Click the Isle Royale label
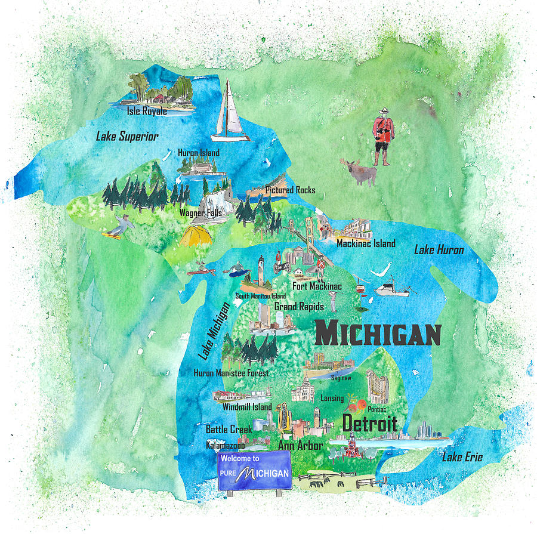pos(146,110)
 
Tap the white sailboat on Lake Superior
pos(229,113)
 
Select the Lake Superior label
pos(127,137)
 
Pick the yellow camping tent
pos(196,236)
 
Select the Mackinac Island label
pos(366,243)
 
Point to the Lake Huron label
pos(439,250)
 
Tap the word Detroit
pos(369,424)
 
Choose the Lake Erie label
pos(462,458)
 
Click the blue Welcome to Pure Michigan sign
pos(254,470)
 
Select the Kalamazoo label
pos(226,445)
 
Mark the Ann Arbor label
pos(301,445)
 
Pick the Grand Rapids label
pos(299,307)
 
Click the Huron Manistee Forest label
pos(231,374)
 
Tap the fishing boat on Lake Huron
pos(391,288)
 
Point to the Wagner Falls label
pos(202,212)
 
